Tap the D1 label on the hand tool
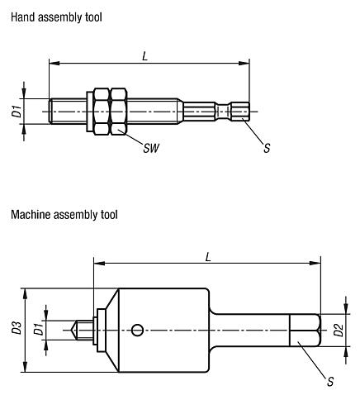pyautogui.click(x=17, y=111)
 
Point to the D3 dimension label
pyautogui.click(x=17, y=331)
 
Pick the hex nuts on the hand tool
pyautogui.click(x=109, y=111)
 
